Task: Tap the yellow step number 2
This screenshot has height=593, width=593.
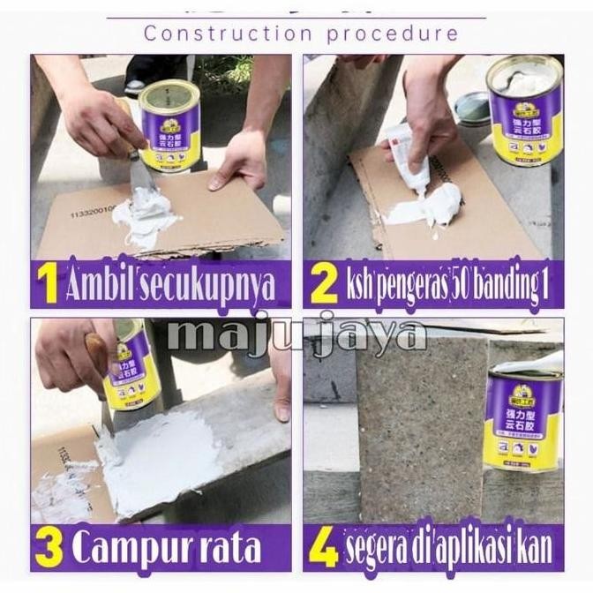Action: click(323, 286)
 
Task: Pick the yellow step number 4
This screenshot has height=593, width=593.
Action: click(324, 548)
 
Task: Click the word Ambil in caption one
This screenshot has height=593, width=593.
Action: click(104, 285)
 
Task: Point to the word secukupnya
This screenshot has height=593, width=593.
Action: click(211, 287)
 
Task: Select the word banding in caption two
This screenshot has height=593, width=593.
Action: click(508, 286)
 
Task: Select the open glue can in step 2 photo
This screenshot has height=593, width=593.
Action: click(522, 110)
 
